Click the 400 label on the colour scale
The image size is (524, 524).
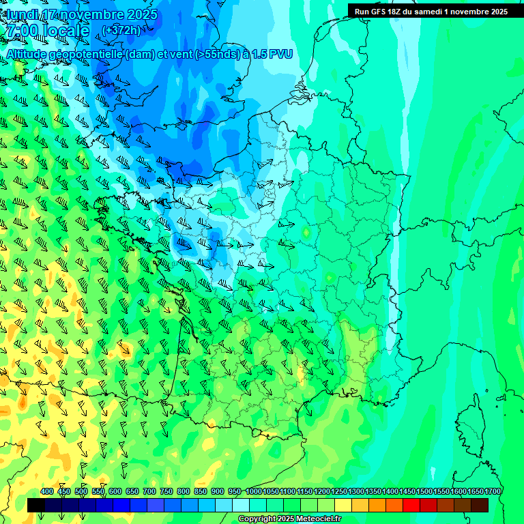47,491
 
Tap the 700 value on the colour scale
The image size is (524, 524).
149,491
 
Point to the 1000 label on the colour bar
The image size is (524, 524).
254,491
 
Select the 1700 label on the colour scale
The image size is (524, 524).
492,491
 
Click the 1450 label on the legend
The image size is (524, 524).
407,491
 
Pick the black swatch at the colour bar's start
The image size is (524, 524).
36,505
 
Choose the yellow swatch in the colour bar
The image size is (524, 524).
343,505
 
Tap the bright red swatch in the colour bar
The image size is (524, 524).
411,505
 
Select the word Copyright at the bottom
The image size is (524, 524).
256,519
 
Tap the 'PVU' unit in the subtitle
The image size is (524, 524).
280,54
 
